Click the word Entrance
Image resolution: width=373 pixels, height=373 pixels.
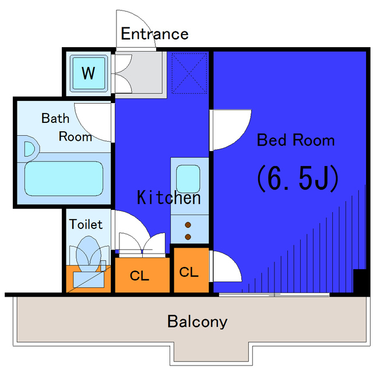pyautogui.click(x=154, y=34)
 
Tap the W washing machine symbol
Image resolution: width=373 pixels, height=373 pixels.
pyautogui.click(x=89, y=73)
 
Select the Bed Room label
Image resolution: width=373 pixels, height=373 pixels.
pyautogui.click(x=295, y=140)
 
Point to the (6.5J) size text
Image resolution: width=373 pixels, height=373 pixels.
pyautogui.click(x=297, y=178)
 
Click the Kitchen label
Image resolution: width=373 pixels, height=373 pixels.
pyautogui.click(x=168, y=198)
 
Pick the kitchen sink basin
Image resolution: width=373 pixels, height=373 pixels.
pyautogui.click(x=188, y=179)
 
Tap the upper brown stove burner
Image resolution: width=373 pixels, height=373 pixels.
pyautogui.click(x=188, y=225)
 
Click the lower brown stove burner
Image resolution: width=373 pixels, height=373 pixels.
pyautogui.click(x=188, y=237)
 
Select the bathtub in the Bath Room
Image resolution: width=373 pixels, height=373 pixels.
pyautogui.click(x=64, y=179)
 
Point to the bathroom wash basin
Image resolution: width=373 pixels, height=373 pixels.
pyautogui.click(x=29, y=149)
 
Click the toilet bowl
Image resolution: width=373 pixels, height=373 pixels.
pyautogui.click(x=88, y=254)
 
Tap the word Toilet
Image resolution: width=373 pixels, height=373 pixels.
pyautogui.click(x=86, y=224)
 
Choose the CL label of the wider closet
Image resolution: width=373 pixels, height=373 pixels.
pyautogui.click(x=139, y=276)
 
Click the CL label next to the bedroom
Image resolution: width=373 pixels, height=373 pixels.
pyautogui.click(x=189, y=272)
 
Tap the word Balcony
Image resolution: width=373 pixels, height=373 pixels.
pyautogui.click(x=197, y=322)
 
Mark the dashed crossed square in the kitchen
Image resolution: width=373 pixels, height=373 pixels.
pyautogui.click(x=189, y=73)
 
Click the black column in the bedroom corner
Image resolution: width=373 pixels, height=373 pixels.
pyautogui.click(x=360, y=281)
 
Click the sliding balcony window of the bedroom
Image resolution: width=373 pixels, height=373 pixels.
pyautogui.click(x=274, y=295)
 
